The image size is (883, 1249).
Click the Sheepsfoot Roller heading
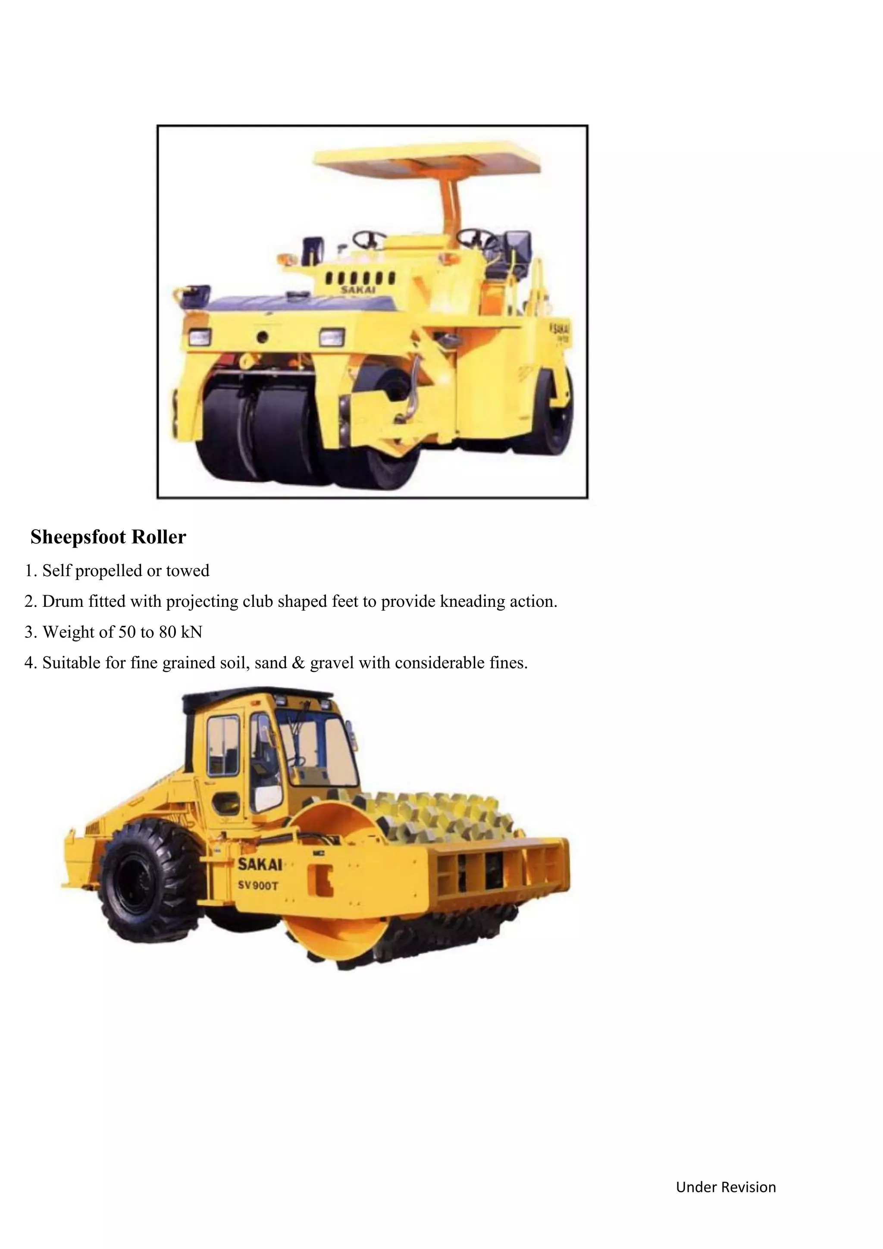click(108, 537)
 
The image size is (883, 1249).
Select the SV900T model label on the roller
click(258, 885)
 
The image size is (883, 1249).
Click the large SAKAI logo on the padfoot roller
click(260, 864)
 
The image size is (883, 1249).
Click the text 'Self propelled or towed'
click(125, 571)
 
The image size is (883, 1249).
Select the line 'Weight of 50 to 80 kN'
click(122, 632)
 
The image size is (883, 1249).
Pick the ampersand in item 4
click(298, 663)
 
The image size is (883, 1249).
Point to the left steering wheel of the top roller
click(370, 239)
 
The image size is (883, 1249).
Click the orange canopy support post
click(452, 201)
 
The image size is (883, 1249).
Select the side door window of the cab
click(223, 746)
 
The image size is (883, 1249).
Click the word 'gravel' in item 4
click(330, 663)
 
